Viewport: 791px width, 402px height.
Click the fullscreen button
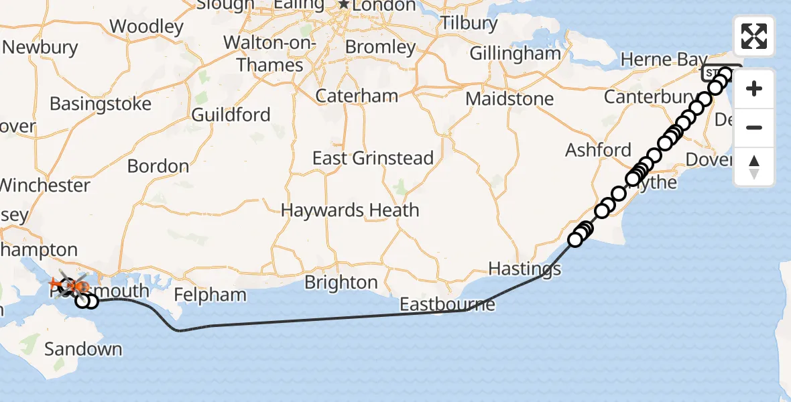[x=754, y=36]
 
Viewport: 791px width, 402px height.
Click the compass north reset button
[x=754, y=167]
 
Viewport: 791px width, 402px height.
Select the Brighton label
[x=341, y=282]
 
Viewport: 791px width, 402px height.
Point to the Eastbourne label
[x=447, y=305]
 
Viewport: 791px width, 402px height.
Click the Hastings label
[x=524, y=269]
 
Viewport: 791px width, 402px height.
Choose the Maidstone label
[x=509, y=99]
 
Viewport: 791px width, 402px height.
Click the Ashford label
[x=598, y=149]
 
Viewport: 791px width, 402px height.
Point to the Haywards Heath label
[x=350, y=210]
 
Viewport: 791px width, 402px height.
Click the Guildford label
[x=231, y=115]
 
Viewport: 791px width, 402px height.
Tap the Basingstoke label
[x=101, y=105]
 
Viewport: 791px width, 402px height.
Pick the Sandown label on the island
[x=83, y=349]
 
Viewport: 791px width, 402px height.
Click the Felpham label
[x=210, y=295]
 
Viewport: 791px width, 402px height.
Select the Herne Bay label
[x=664, y=60]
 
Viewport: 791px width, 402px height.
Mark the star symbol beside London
[x=343, y=4]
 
